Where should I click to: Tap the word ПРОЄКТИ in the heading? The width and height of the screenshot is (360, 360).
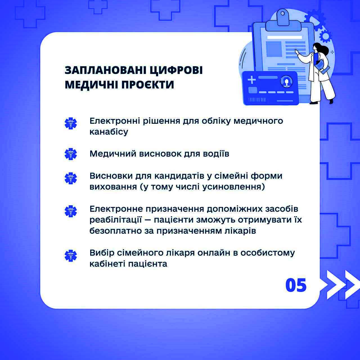coord(148,85)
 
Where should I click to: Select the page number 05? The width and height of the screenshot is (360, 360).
coord(296,285)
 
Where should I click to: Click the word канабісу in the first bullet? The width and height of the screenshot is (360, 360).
coord(109,132)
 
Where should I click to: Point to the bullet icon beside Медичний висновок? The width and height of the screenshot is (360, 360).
coord(71,154)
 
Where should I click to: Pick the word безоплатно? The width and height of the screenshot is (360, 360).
coord(115,231)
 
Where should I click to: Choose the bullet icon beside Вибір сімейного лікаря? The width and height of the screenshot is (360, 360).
coord(71,256)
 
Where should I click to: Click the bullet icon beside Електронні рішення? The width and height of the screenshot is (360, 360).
coord(71,123)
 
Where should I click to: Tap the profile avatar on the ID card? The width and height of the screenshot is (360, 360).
coord(286,82)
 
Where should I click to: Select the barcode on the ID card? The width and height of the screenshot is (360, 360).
coord(257,100)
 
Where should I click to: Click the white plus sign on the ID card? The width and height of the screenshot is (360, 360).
coord(252,80)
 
